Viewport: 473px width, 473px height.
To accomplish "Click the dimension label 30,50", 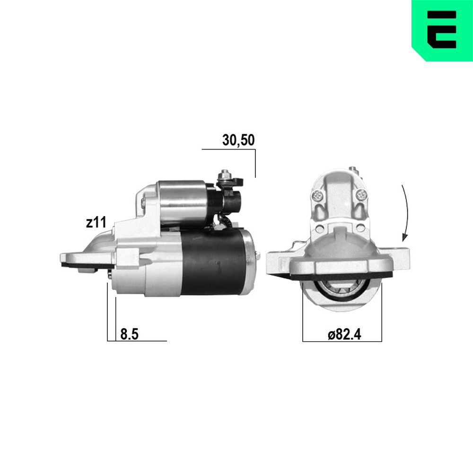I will pos(238,140).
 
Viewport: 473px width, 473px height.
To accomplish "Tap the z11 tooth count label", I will pos(96,223).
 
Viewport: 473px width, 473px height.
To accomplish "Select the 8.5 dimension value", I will pos(129,334).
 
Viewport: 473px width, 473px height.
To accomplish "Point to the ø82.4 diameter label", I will pos(344,334).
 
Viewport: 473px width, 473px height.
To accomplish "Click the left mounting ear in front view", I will pos(279,263).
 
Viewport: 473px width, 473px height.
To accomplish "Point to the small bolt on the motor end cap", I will pos(258,255).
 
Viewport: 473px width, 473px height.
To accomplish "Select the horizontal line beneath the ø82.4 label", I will pos(342,341).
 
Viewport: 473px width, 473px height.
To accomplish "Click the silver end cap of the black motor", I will pos(250,263).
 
